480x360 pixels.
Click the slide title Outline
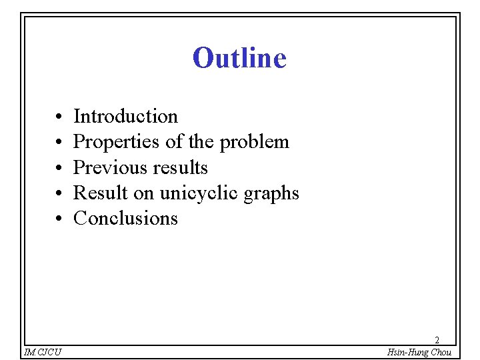point(239,58)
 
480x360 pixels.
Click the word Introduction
point(125,117)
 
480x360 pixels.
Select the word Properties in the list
point(110,142)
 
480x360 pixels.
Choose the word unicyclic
point(199,193)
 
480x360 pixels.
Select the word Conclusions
point(125,218)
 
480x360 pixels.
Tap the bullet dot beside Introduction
point(59,117)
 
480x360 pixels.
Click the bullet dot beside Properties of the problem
point(59,143)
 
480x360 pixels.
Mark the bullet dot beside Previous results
point(59,168)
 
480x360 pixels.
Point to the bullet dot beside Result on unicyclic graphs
point(59,193)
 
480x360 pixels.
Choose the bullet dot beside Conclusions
point(59,219)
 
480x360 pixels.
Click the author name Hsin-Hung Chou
point(419,352)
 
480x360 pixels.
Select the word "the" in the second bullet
point(201,142)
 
